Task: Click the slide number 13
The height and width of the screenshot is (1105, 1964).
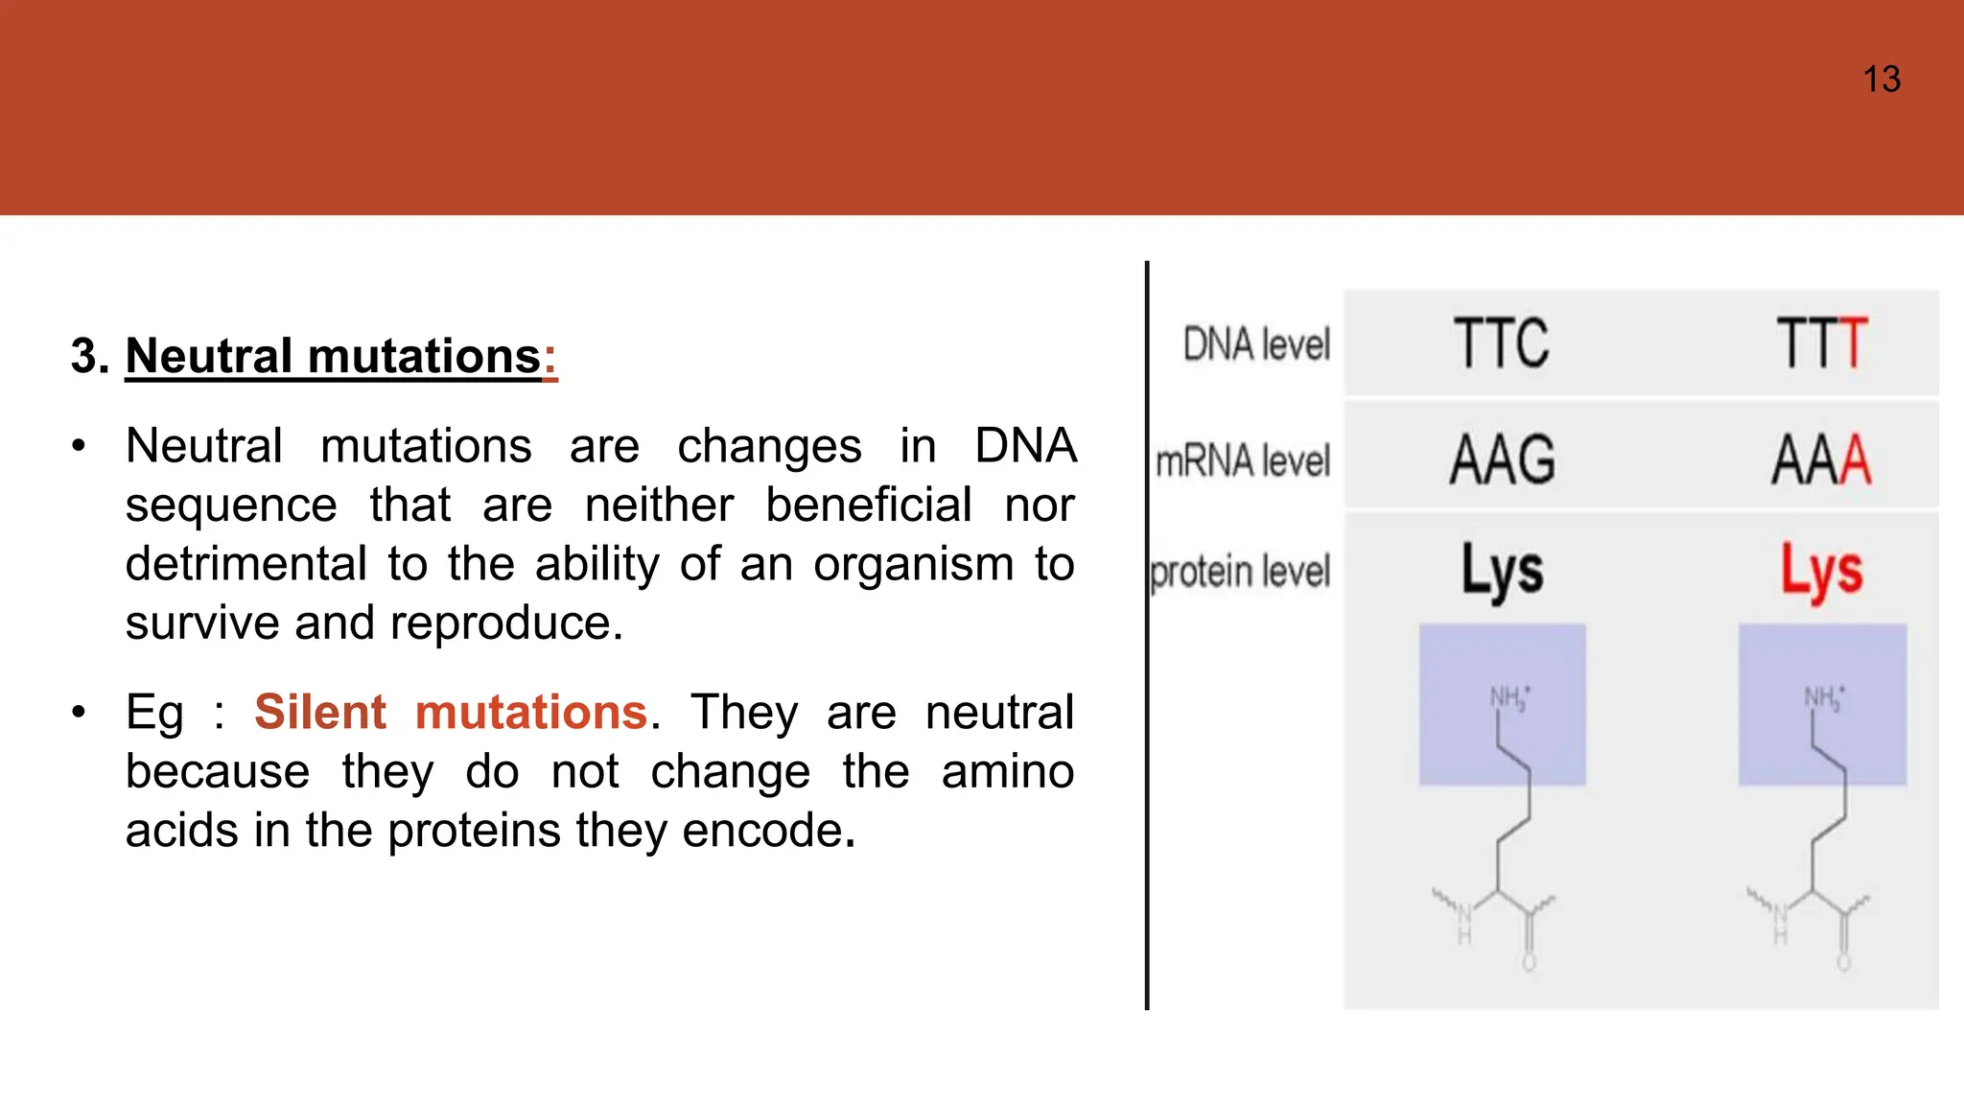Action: (1881, 80)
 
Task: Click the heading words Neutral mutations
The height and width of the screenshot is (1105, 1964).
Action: (333, 357)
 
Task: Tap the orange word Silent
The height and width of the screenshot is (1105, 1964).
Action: (319, 713)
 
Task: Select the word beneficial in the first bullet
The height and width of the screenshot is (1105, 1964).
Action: (868, 505)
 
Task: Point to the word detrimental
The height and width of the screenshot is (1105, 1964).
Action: (245, 564)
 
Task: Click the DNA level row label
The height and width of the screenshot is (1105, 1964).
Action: (1256, 344)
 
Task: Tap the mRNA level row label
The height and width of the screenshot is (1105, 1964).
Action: (1243, 461)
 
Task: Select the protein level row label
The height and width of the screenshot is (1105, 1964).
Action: (1240, 573)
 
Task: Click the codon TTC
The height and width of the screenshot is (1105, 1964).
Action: (1501, 343)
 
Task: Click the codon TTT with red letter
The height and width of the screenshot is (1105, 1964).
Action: (1821, 343)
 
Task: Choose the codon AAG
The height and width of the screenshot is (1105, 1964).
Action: (1502, 460)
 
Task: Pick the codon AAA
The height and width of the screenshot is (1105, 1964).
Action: (1821, 460)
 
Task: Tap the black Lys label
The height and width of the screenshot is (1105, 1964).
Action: (1502, 570)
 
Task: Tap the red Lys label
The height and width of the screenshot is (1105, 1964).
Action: (1821, 570)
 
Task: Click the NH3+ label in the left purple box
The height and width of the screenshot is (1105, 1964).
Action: (1509, 697)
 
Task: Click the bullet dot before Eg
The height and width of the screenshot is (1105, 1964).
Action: (79, 713)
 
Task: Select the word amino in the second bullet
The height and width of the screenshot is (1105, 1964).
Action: (1007, 772)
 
